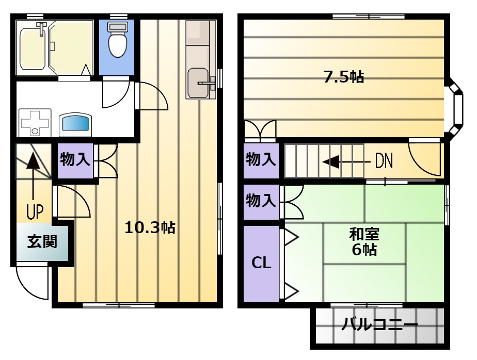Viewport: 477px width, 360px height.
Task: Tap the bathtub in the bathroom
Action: [x=34, y=48]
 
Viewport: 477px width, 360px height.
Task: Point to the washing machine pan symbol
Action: [x=35, y=123]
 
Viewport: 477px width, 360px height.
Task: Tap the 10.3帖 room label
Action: [x=150, y=227]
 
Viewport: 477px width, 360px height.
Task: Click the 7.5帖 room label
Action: [x=343, y=77]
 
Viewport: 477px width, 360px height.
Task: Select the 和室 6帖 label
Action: [x=364, y=242]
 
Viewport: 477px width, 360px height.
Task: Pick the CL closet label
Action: [x=261, y=263]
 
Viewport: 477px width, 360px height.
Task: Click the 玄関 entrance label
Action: [x=42, y=242]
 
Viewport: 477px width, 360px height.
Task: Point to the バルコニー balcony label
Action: [x=379, y=324]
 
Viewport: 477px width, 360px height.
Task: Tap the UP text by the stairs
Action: [x=35, y=211]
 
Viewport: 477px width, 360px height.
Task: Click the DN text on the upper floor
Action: [x=384, y=161]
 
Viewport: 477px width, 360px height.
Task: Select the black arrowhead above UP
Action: [x=33, y=160]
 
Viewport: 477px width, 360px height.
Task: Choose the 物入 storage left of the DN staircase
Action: [x=261, y=160]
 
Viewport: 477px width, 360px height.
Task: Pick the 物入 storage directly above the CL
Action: [x=261, y=201]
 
